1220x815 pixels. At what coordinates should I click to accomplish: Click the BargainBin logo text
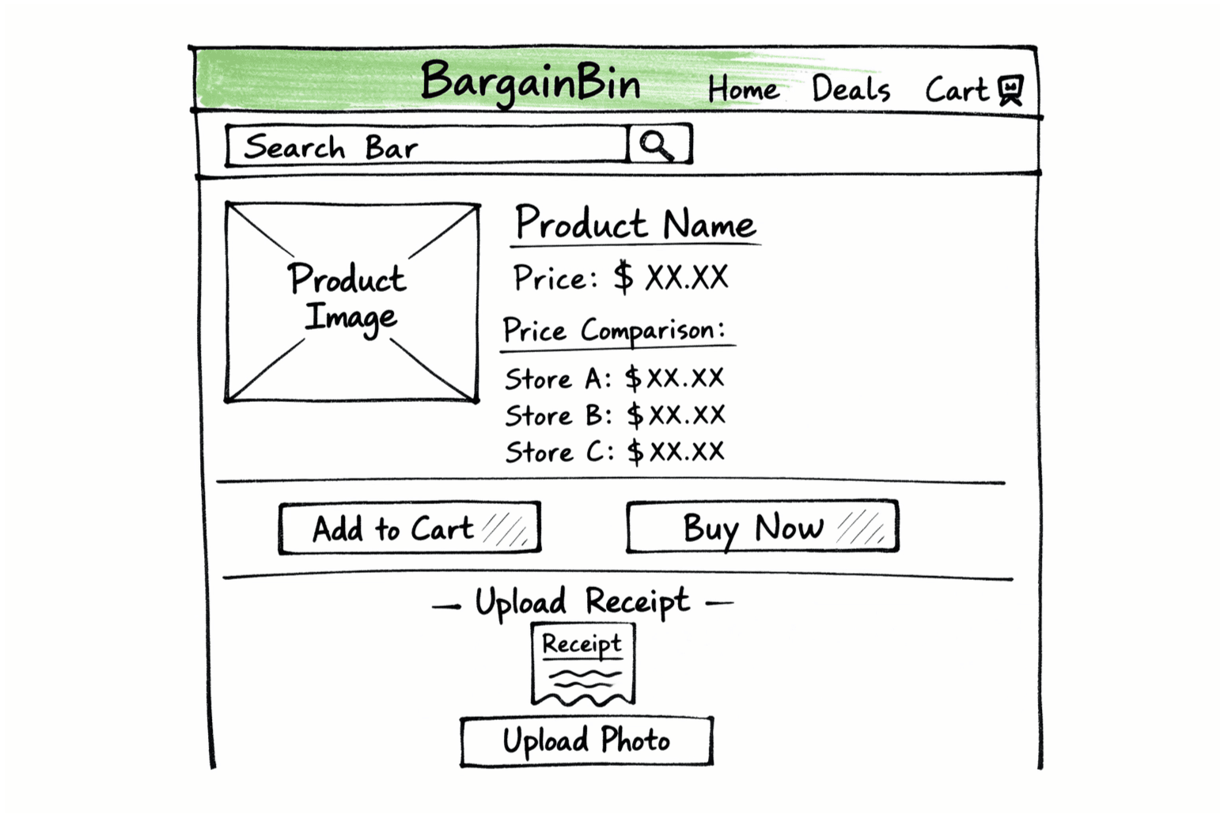[530, 82]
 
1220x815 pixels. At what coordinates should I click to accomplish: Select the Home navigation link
[743, 89]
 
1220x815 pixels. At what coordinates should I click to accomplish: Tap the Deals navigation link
[851, 89]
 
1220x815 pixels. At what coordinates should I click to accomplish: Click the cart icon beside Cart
[1010, 89]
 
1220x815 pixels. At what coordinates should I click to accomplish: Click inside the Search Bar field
[427, 146]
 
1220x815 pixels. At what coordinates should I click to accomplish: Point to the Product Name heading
[635, 224]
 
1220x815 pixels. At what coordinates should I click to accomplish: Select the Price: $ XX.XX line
[620, 278]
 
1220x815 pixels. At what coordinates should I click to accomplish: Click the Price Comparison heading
[614, 331]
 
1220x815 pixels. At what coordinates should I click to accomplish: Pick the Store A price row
[615, 378]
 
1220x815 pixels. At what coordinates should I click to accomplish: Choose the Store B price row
[615, 415]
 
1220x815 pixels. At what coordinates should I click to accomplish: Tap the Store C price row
[615, 452]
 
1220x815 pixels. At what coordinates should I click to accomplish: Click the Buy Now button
[763, 527]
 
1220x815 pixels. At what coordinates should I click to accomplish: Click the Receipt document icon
[583, 665]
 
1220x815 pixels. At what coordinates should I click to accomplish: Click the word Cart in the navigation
[957, 89]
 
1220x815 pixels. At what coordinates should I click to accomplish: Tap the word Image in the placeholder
[350, 318]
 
